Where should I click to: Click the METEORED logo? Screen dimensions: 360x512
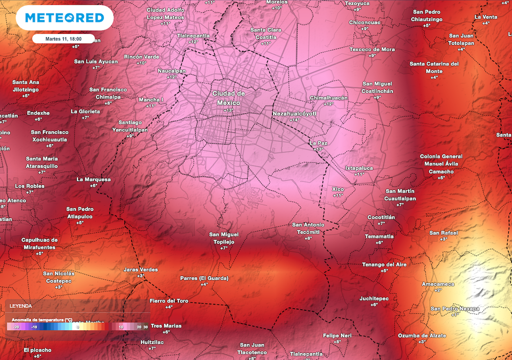(x=64, y=18)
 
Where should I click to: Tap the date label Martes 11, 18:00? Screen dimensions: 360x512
(x=63, y=38)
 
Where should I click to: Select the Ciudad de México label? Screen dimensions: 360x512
(x=228, y=97)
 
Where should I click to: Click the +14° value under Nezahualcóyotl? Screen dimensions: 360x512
(x=294, y=120)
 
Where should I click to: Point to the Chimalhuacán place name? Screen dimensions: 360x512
(x=328, y=97)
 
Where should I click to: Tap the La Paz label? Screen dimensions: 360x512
(x=318, y=142)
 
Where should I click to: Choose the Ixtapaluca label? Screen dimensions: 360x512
(x=359, y=168)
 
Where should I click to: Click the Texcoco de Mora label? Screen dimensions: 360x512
(x=372, y=49)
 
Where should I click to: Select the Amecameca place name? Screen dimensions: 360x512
(x=438, y=283)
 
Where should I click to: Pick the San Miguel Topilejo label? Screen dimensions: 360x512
(x=223, y=238)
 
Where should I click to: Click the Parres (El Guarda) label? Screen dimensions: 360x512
(x=204, y=278)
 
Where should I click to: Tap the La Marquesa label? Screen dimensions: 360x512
(x=93, y=179)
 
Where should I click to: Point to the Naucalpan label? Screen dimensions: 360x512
(x=171, y=71)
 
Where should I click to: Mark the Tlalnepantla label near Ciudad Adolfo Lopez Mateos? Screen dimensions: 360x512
(x=193, y=36)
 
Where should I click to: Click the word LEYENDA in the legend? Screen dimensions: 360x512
(x=21, y=305)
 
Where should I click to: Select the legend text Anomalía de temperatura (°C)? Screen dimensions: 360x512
(x=39, y=319)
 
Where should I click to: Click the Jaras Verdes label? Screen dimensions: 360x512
(x=140, y=269)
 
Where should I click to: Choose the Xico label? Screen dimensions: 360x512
(x=338, y=189)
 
